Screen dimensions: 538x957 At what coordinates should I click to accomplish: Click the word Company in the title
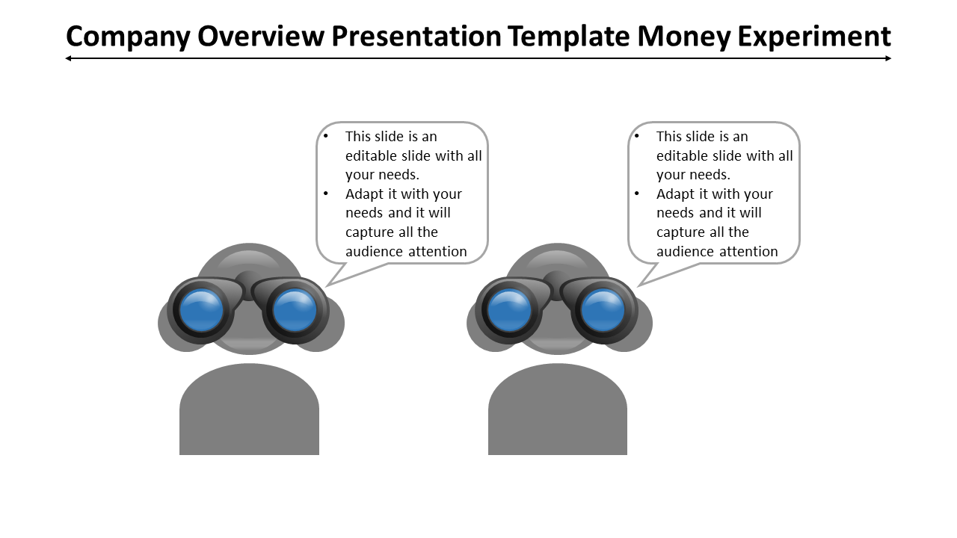coord(129,36)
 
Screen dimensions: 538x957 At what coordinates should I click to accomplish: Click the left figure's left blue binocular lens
coord(202,310)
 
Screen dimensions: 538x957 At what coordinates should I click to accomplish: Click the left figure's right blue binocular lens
coord(295,310)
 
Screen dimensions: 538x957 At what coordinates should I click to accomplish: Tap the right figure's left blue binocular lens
coord(510,310)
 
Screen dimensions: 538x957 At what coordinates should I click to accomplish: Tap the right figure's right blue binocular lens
coord(603,310)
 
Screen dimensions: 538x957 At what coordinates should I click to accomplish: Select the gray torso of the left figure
coord(249,415)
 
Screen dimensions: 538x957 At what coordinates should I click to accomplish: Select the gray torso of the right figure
coord(558,415)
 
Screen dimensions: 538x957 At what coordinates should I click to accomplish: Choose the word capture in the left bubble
coord(369,232)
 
